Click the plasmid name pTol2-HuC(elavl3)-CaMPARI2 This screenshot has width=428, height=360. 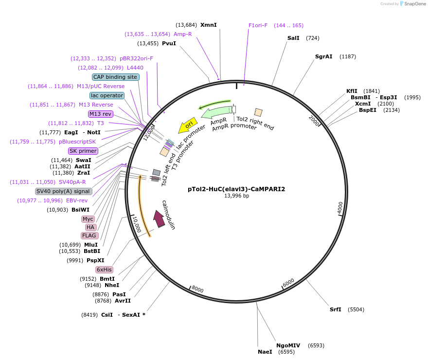click(x=236, y=189)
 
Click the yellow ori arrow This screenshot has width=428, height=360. click(x=189, y=125)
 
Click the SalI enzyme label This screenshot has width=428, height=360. click(x=293, y=38)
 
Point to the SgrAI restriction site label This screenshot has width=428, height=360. click(x=323, y=56)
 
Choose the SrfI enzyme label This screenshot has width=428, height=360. click(x=336, y=309)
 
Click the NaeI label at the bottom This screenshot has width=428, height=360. click(x=265, y=352)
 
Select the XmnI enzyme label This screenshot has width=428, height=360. click(x=208, y=25)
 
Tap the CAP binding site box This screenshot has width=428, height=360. click(x=116, y=77)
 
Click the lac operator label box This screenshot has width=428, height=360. click(x=107, y=95)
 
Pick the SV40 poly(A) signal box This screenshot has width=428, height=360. click(x=64, y=191)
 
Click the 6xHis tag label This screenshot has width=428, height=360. click(x=104, y=270)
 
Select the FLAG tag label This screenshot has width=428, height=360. click(x=89, y=235)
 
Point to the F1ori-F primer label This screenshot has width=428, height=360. click(x=258, y=25)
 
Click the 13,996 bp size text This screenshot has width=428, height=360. click(x=236, y=196)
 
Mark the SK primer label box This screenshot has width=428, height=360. click(x=83, y=151)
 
